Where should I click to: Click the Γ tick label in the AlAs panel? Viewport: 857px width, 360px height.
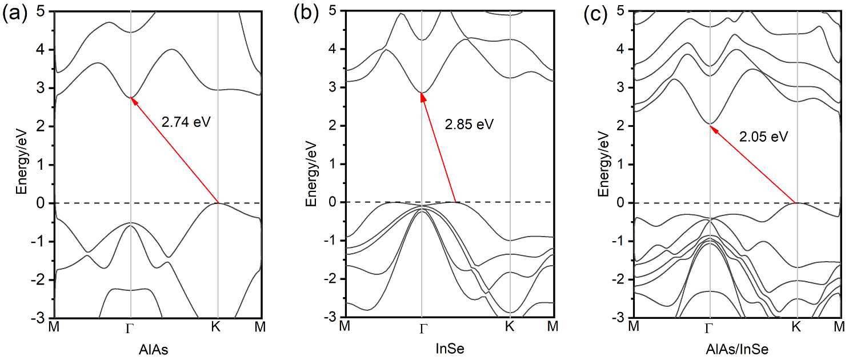point(131,328)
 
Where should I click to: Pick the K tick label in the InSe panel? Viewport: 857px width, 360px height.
point(510,327)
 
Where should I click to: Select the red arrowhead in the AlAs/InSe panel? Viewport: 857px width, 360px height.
point(712,127)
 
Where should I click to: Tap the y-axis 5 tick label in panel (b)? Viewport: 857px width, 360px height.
point(333,10)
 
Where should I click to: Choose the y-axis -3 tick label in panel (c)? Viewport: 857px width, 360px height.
point(619,318)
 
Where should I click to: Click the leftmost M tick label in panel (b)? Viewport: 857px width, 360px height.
point(345,327)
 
